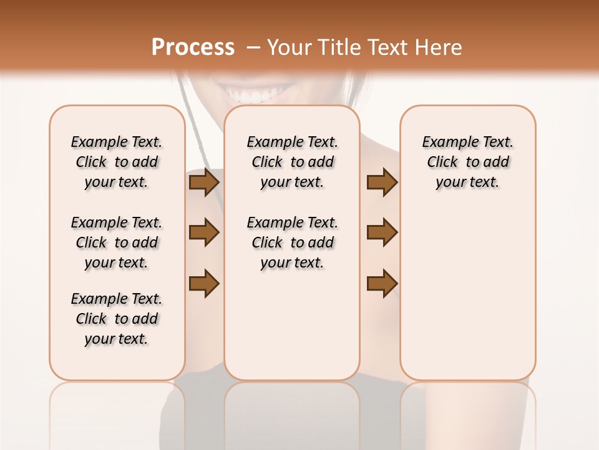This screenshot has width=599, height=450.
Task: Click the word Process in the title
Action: pos(193,47)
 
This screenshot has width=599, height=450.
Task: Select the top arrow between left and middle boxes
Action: pos(204,182)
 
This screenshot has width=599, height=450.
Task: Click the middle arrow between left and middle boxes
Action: pos(204,232)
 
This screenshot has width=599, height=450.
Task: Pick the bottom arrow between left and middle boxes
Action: pos(204,282)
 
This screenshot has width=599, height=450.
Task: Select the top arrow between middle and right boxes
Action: pos(382,182)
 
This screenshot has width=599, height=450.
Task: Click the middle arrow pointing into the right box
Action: pos(382,232)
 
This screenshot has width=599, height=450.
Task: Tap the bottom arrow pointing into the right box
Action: pos(382,282)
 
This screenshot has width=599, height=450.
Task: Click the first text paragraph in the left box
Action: pos(117,162)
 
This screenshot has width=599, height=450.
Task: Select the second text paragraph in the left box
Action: pos(117,242)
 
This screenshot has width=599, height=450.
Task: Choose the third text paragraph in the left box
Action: pos(117,319)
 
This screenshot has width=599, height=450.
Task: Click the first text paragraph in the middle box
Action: pos(293,162)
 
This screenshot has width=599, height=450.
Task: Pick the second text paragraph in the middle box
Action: pos(293,242)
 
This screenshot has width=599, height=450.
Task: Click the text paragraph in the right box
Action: pos(468,162)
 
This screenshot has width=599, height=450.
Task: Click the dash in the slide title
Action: pos(253,48)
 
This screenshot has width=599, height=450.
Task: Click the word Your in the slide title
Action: pos(289,47)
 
